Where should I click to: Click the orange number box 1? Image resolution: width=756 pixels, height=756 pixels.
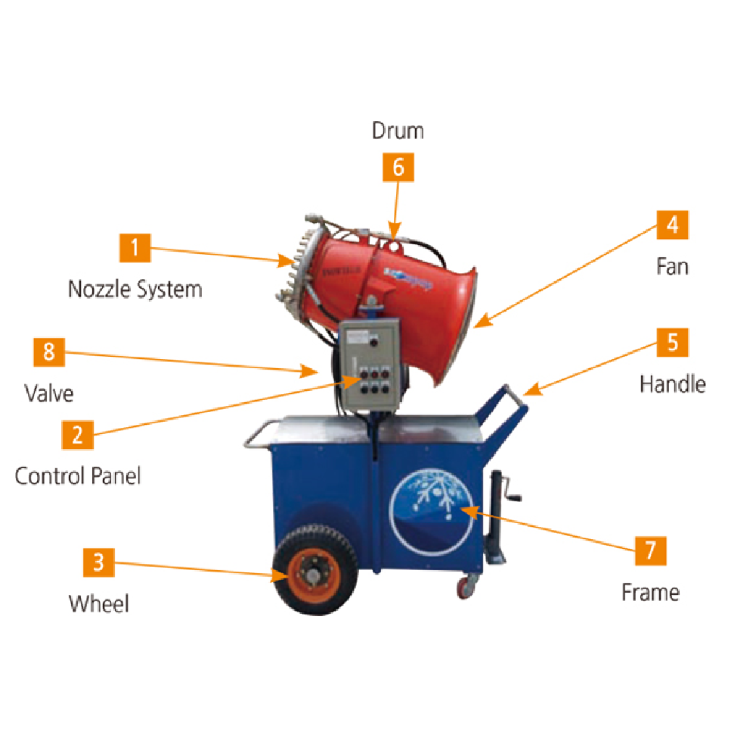(135, 248)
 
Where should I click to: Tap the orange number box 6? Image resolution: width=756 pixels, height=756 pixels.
(398, 167)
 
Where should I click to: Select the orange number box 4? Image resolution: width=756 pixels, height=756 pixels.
(672, 225)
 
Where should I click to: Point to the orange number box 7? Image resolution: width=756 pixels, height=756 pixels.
(650, 550)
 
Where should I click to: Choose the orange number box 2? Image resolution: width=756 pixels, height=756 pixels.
(77, 434)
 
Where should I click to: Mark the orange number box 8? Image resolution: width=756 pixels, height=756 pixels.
(49, 353)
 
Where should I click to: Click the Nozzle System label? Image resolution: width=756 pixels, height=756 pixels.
(135, 289)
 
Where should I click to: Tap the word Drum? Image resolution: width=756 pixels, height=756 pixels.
(398, 131)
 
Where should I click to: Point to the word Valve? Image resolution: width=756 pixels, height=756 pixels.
(49, 393)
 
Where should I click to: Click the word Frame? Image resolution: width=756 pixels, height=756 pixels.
(650, 591)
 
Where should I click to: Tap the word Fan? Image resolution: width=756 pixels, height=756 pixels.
(672, 266)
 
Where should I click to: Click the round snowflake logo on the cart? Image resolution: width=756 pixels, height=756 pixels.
(434, 511)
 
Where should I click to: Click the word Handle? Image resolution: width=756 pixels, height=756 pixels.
(672, 383)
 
